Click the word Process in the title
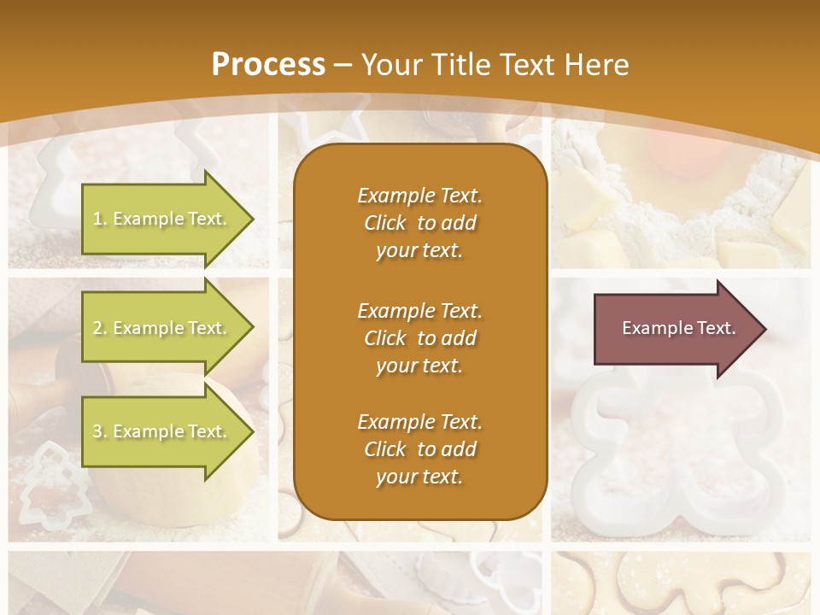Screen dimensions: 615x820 click(x=268, y=65)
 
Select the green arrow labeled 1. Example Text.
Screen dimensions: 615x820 click(x=162, y=219)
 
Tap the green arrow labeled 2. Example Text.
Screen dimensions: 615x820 click(x=162, y=328)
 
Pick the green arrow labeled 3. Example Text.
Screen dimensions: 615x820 click(x=162, y=431)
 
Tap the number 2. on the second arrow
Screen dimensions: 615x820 click(x=100, y=328)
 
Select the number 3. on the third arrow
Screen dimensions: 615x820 click(x=100, y=431)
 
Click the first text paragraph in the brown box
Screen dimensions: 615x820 click(x=419, y=223)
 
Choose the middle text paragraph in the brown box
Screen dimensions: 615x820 click(x=419, y=338)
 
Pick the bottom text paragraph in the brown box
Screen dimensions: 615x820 click(x=419, y=449)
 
